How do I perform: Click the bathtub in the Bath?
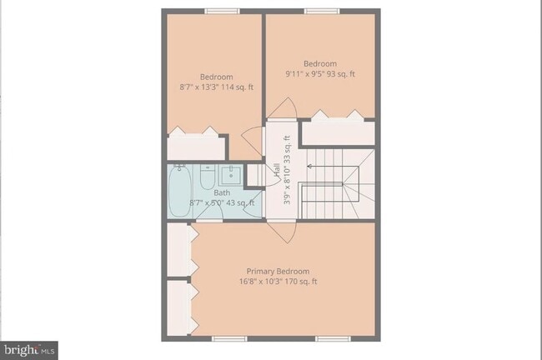click(179, 192)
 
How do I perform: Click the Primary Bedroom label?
click(278, 271)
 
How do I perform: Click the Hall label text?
click(276, 170)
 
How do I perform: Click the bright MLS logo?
click(29, 349)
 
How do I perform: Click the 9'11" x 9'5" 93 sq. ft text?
click(319, 74)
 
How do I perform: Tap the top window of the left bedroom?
click(222, 11)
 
